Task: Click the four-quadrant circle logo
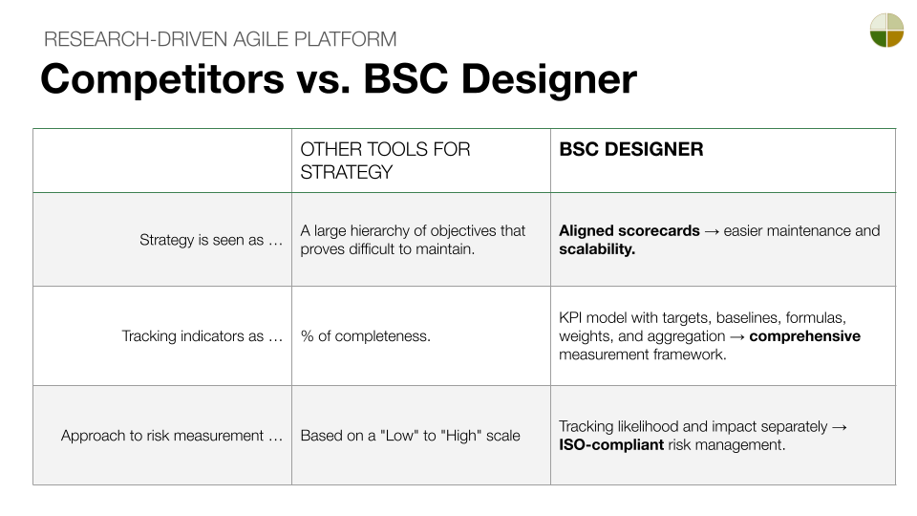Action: pyautogui.click(x=886, y=30)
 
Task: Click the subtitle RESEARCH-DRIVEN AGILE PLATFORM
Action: pyautogui.click(x=221, y=39)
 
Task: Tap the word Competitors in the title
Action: pyautogui.click(x=161, y=78)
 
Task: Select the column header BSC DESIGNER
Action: pyautogui.click(x=630, y=149)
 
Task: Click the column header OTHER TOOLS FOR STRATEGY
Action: pyautogui.click(x=385, y=161)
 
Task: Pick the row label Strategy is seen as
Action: pyautogui.click(x=211, y=240)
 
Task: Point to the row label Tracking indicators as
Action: pyautogui.click(x=203, y=335)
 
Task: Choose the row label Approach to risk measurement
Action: pyautogui.click(x=172, y=435)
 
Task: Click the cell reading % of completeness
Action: pyautogui.click(x=365, y=335)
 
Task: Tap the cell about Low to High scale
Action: pyautogui.click(x=410, y=435)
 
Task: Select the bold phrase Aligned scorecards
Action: pyautogui.click(x=629, y=230)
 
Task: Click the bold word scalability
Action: pyautogui.click(x=597, y=249)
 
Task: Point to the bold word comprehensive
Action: pyautogui.click(x=804, y=335)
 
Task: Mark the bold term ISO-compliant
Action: pyautogui.click(x=611, y=444)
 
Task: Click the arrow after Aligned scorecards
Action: pyautogui.click(x=712, y=230)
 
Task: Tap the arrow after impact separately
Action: pyautogui.click(x=839, y=426)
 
